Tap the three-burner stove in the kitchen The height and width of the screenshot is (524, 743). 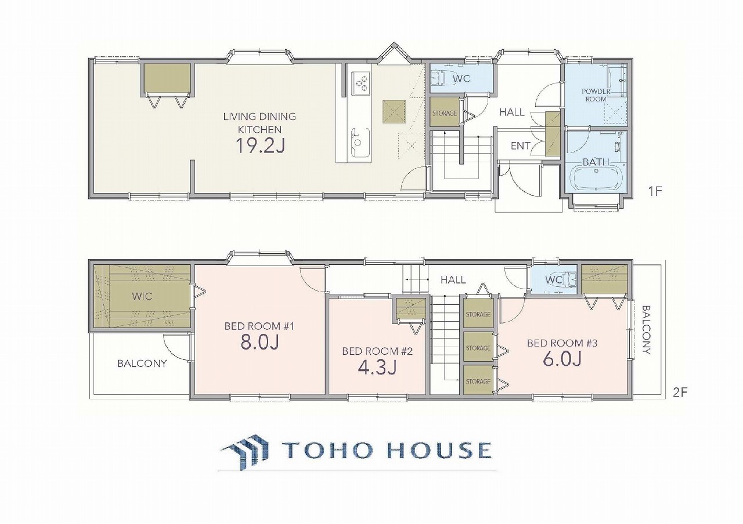361,82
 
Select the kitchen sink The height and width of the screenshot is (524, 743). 360,143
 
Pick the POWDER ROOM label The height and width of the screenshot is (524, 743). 594,95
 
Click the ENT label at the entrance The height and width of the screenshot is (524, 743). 520,145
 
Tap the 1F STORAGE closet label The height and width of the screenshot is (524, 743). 445,113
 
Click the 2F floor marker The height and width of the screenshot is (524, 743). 680,392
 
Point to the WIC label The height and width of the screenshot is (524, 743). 142,296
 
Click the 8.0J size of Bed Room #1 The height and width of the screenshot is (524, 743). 259,343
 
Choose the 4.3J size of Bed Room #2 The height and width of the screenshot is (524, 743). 377,367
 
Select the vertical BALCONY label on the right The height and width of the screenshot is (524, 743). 646,330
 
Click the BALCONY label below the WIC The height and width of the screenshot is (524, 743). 142,363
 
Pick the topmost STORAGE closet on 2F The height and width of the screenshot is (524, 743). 478,314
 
